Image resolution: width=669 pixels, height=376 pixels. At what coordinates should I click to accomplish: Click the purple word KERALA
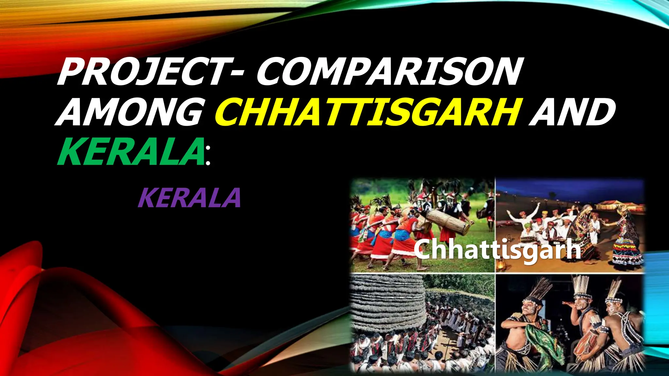point(189,198)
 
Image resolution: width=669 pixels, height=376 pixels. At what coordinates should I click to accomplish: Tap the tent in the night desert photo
point(614,206)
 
